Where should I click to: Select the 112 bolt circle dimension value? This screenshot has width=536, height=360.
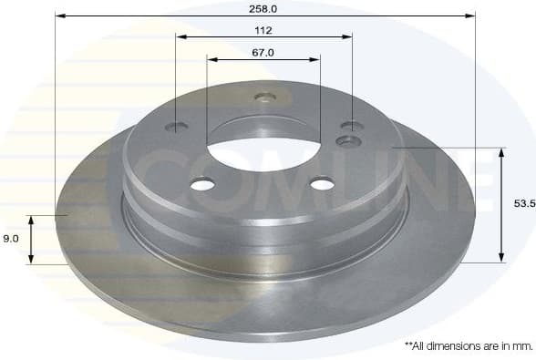263,28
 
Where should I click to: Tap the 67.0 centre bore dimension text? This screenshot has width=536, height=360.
263,52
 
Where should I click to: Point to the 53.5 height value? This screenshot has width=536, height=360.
523,205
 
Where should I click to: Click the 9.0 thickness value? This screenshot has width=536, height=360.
10,239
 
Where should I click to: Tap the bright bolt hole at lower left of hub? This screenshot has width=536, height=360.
202,185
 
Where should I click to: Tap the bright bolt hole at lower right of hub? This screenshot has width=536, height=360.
323,185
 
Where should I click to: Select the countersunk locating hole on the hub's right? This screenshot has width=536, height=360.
348,140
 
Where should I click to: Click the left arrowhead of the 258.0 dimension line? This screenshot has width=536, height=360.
59,15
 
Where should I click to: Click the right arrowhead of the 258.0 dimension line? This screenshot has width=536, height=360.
471,15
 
